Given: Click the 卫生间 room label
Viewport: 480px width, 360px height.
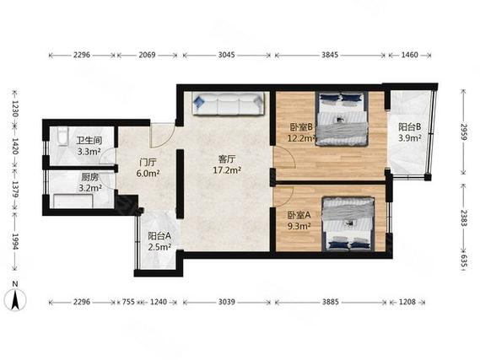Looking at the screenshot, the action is tap(89, 141).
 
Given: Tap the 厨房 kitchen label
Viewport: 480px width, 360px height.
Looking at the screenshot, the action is tap(89, 177).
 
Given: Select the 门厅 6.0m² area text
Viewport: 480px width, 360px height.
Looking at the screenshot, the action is tap(148, 168).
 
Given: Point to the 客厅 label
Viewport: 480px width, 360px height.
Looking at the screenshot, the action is tap(227, 159).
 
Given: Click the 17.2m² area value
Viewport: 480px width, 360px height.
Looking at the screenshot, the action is tap(227, 170).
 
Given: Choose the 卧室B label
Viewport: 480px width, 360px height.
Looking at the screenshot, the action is tap(301, 127).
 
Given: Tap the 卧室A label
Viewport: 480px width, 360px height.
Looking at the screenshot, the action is tap(299, 215).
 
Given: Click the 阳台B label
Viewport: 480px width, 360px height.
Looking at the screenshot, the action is tap(410, 126).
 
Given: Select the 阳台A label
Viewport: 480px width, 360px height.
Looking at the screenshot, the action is tap(159, 236).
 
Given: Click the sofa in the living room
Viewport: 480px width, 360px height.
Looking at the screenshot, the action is tap(228, 104).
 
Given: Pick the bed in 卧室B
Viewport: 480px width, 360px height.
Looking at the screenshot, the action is tap(342, 119).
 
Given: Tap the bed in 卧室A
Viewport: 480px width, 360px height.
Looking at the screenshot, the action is tap(348, 224).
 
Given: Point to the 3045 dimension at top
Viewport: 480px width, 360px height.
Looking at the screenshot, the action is tap(227, 55).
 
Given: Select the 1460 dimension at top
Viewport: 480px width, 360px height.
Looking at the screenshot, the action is tap(410, 55).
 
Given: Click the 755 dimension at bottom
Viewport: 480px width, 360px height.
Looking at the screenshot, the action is tap(128, 302).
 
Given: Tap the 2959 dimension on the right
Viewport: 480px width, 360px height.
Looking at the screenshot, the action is tap(464, 132).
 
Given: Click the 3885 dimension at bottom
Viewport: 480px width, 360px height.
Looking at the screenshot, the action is tap(331, 302).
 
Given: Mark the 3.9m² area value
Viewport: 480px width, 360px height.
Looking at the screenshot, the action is tap(410, 138).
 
